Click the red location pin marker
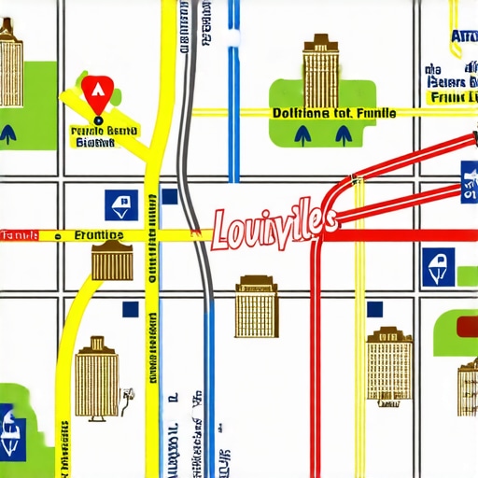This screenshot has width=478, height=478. click(x=94, y=91)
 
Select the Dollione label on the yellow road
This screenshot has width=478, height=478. click(x=333, y=113)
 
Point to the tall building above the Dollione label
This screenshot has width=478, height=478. click(x=319, y=63)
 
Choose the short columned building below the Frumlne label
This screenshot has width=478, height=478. click(x=111, y=260)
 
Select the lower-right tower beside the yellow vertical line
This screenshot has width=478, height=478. click(x=390, y=366)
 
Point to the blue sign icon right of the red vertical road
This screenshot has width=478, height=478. click(x=435, y=266)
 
